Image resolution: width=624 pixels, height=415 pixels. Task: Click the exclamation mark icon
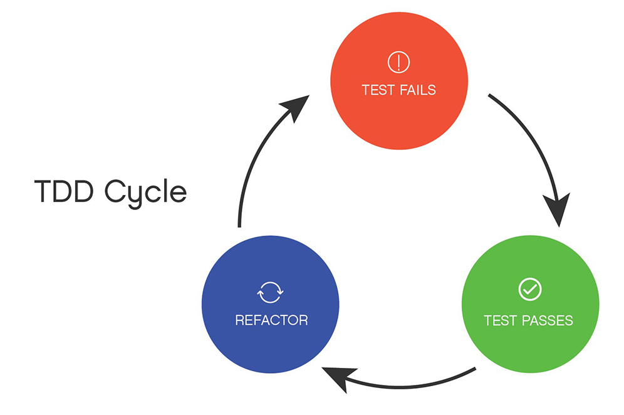pyautogui.click(x=398, y=61)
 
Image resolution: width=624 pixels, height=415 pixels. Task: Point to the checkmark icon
pyautogui.click(x=530, y=289)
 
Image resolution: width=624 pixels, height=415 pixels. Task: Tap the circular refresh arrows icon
pyautogui.click(x=271, y=292)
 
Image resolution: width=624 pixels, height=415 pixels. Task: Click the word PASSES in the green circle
pyautogui.click(x=546, y=320)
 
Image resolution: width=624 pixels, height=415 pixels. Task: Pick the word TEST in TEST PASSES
pyautogui.click(x=499, y=320)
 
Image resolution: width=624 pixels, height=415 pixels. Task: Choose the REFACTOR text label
pyautogui.click(x=271, y=320)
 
